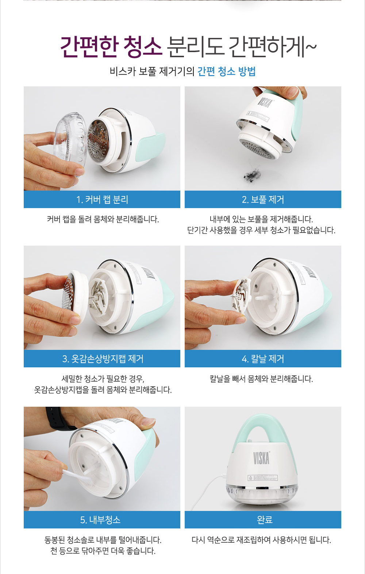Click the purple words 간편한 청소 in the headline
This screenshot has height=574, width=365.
[x=111, y=47]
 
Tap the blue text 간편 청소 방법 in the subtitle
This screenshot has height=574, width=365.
[x=226, y=71]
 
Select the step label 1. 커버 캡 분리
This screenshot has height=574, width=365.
[x=102, y=199]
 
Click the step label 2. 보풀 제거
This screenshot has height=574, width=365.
[x=263, y=199]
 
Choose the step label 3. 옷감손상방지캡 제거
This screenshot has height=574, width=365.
[x=103, y=359]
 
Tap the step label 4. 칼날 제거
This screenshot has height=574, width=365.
[x=263, y=359]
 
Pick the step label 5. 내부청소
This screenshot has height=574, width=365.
[x=100, y=519]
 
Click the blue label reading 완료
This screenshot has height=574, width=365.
[x=265, y=519]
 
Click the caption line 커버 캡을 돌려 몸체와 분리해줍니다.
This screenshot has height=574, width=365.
[x=103, y=219]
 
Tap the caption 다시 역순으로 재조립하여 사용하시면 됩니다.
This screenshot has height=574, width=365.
[x=261, y=540]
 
